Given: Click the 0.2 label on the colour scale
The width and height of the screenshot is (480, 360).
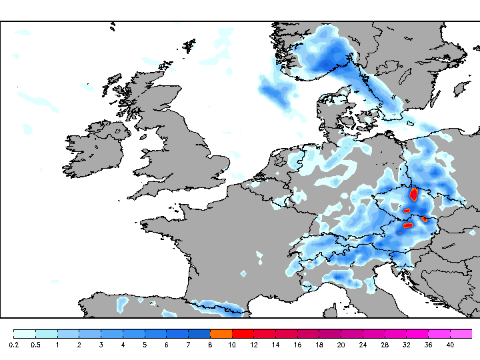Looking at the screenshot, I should coord(13,345).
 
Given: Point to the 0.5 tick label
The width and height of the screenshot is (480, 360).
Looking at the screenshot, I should coord(35,345).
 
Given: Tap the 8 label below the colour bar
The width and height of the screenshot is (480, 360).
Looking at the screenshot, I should coord(210,345).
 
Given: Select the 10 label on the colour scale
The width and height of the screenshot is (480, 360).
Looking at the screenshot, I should coord(232,345).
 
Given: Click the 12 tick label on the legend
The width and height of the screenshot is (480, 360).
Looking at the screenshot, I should coord(254,345).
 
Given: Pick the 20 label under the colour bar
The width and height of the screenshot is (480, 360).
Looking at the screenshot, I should coord(341,345).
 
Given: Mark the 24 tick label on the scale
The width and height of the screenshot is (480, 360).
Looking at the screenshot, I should coord(363,345).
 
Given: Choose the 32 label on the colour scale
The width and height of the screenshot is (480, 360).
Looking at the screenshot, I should coord(407,345).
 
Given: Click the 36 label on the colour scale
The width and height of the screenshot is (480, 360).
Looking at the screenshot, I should coord(429,345).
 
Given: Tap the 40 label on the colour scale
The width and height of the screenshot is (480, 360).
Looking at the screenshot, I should coord(450,345).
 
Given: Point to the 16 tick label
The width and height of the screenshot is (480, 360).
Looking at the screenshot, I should coord(297,345).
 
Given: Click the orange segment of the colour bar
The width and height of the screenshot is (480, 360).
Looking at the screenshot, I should coord(221,333).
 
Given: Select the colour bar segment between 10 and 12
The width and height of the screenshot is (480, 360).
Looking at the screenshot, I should coord(243,333).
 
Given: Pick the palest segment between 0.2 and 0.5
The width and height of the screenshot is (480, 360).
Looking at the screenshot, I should coord(24,333).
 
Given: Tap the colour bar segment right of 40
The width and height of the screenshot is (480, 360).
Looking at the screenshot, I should coord(461,333).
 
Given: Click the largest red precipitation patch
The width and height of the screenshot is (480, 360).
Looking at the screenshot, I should coord(413,195).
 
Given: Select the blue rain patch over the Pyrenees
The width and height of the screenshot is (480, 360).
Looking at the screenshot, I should coord(217,307).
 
